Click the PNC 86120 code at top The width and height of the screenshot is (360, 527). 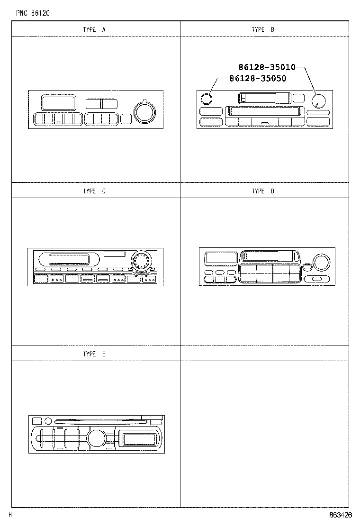tap(33, 13)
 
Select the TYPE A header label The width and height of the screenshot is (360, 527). tap(94, 29)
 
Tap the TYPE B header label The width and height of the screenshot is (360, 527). tap(263, 29)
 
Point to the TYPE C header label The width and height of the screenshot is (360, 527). tap(94, 191)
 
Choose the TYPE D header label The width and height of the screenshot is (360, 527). tap(263, 191)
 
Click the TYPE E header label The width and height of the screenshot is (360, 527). tap(94, 354)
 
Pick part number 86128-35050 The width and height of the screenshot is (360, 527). tap(258, 79)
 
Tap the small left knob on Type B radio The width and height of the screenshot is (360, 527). tap(206, 100)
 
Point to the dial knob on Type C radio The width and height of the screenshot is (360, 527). tap(140, 261)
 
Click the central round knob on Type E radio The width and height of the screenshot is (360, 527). tap(96, 438)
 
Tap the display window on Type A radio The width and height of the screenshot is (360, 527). tap(59, 102)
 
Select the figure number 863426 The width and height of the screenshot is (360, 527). tap(341, 515)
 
